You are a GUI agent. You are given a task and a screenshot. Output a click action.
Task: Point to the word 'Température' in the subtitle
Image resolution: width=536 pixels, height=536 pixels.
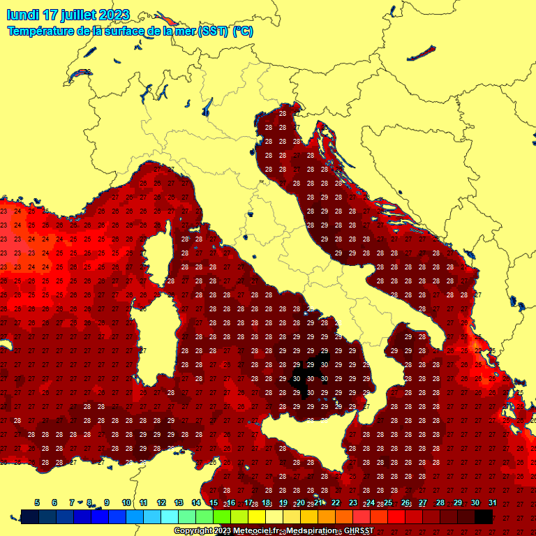pos(39,31)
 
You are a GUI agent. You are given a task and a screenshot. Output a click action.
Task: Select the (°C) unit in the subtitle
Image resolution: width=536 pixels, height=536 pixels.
pos(242,31)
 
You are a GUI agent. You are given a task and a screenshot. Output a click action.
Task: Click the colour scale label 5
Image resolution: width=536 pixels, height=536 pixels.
pos(36,502)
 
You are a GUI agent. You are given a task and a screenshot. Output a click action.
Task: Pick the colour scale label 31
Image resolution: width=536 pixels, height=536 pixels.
pos(492,502)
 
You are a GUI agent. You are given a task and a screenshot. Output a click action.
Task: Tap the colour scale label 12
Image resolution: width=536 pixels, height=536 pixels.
pos(161,502)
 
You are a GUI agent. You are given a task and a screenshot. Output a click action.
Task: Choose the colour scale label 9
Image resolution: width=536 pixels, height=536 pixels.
pos(107,502)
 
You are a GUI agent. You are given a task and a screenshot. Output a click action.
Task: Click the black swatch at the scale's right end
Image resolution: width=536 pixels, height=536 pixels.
pos(483,516)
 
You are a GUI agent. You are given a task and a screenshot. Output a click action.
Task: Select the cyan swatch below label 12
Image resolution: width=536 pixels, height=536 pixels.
pos(169,516)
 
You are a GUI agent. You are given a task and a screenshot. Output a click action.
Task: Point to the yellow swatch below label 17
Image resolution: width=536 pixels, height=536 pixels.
pos(256,516)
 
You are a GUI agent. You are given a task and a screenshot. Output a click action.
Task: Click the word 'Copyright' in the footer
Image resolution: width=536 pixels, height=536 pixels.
pos(193,530)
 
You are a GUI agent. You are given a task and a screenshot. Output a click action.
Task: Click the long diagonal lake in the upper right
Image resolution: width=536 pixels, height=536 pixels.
pos(421,53)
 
